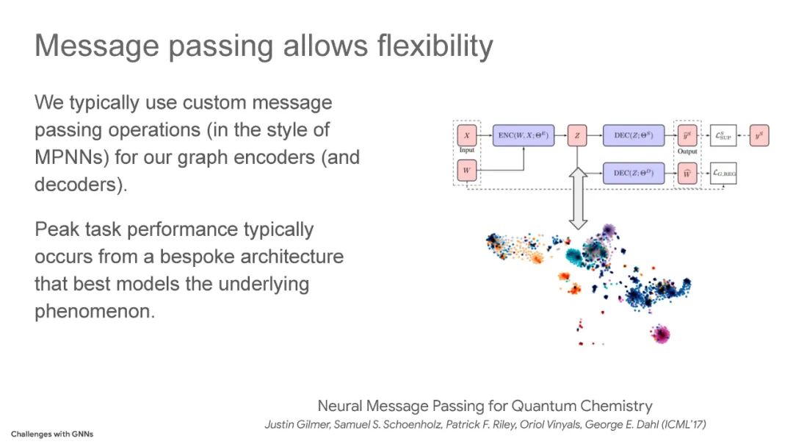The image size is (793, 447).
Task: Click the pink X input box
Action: click(x=467, y=136)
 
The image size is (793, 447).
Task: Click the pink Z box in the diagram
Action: click(x=578, y=136)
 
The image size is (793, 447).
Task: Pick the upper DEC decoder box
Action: click(x=633, y=136)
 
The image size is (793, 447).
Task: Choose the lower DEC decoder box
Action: click(x=633, y=174)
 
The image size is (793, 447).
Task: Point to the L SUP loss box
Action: click(x=723, y=136)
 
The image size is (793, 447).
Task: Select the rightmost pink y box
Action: click(x=758, y=136)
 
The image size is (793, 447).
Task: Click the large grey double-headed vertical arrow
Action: click(x=578, y=197)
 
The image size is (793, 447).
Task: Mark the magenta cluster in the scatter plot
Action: click(x=660, y=335)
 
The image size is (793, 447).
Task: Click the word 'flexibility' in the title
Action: click(x=435, y=46)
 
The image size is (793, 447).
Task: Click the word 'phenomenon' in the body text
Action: click(x=95, y=310)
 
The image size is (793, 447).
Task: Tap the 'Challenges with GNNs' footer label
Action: click(x=52, y=434)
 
